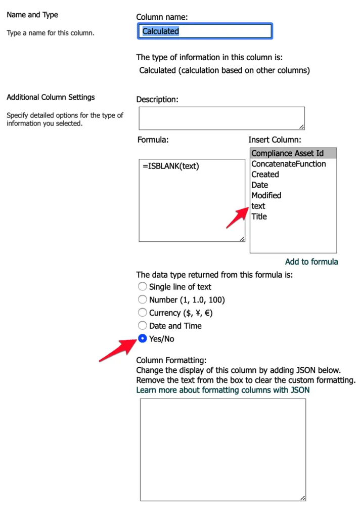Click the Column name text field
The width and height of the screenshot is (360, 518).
(x=205, y=31)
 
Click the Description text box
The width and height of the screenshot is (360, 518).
(x=221, y=118)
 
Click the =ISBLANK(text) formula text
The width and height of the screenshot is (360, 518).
(x=171, y=166)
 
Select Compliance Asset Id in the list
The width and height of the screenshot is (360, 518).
(x=287, y=153)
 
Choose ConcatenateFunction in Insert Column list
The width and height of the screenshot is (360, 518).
(x=289, y=164)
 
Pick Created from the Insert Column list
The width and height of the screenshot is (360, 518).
(x=265, y=175)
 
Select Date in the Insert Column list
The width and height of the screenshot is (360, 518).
(x=260, y=185)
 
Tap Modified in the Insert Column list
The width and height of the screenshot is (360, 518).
(x=266, y=195)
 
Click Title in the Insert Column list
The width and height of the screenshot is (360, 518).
(x=259, y=217)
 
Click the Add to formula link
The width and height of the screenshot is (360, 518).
(x=311, y=262)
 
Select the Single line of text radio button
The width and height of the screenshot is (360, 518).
(x=143, y=287)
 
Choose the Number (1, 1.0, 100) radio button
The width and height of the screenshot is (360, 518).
(x=143, y=300)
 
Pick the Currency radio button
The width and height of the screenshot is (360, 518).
(x=143, y=313)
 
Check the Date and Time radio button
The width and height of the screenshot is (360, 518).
(x=143, y=326)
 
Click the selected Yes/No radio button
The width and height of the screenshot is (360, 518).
(x=143, y=339)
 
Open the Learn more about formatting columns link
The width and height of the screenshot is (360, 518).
(x=223, y=390)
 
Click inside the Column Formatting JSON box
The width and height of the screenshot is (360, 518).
(x=223, y=450)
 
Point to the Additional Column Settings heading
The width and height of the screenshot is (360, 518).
(x=51, y=97)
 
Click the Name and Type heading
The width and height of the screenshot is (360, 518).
(x=32, y=15)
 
